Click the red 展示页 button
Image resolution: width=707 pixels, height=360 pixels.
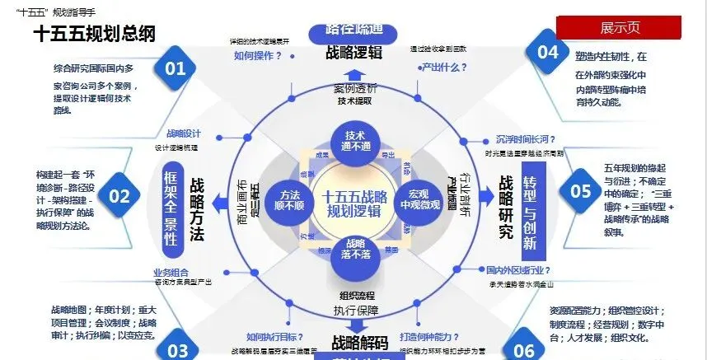(x=618, y=26)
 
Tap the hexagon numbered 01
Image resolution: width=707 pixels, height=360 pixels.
(x=174, y=68)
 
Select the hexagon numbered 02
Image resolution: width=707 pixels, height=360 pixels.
(x=120, y=195)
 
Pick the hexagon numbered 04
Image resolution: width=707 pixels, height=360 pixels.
(x=548, y=51)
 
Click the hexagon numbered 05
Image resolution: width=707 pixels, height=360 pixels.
(x=581, y=191)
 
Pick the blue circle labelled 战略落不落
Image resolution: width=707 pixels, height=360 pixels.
(x=354, y=250)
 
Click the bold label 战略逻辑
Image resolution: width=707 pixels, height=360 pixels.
(x=353, y=54)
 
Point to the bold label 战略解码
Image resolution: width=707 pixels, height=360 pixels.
(x=358, y=343)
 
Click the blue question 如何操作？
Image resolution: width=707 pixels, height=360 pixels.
(x=258, y=56)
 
